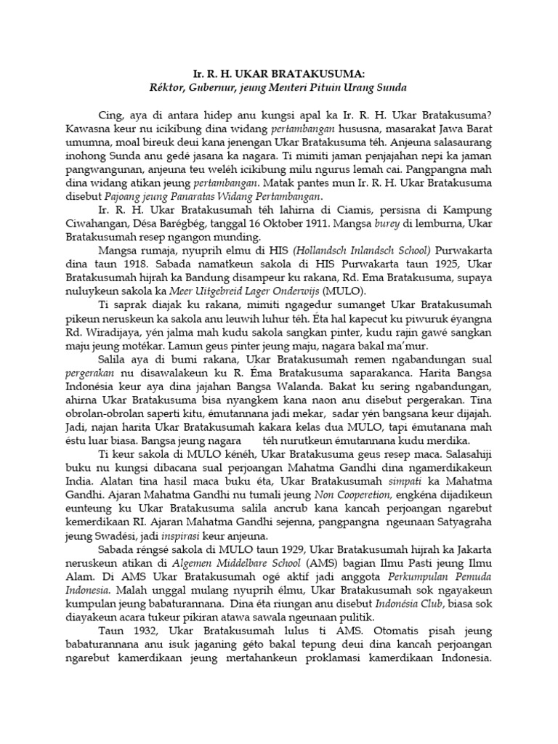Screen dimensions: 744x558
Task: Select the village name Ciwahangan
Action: click(x=118, y=223)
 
